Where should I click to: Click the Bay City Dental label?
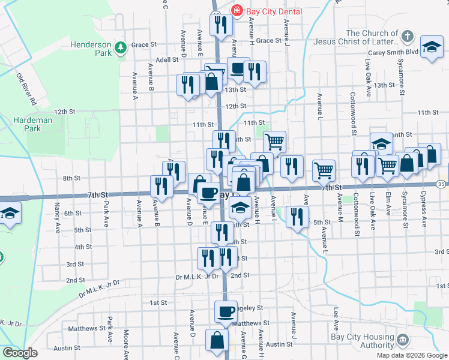click(x=275, y=11)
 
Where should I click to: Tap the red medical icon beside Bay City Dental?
click(x=237, y=11)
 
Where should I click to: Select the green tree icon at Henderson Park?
click(x=121, y=47)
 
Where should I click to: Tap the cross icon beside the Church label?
click(x=408, y=36)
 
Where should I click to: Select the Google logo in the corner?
click(x=19, y=353)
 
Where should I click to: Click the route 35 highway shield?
click(x=442, y=183)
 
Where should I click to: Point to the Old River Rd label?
click(x=26, y=90)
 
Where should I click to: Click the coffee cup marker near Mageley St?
click(x=226, y=311)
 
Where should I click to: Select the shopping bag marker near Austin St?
click(x=217, y=340)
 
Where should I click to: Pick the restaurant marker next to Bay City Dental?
click(x=220, y=24)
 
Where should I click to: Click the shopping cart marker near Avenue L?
click(x=324, y=170)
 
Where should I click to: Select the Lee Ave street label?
click(x=336, y=317)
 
